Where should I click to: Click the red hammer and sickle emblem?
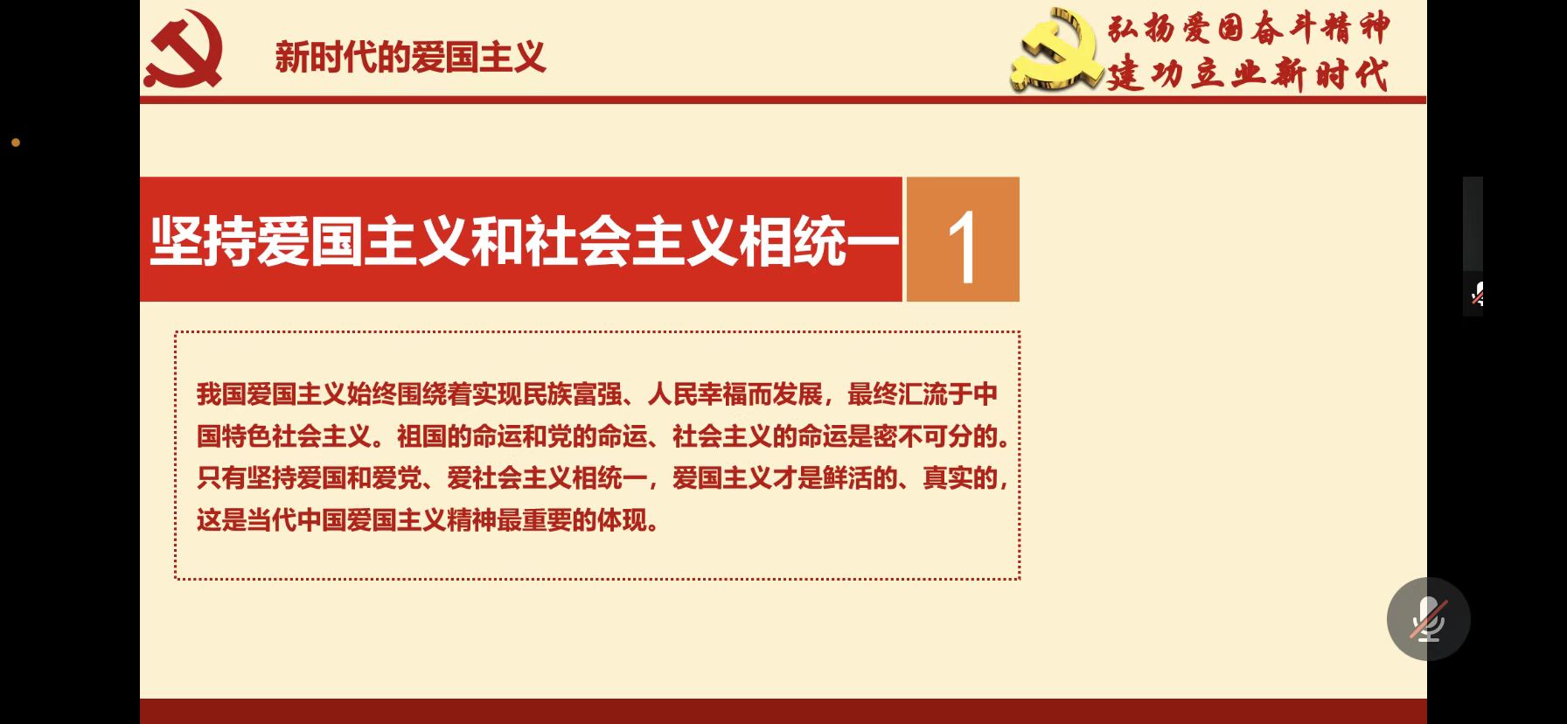tap(184, 49)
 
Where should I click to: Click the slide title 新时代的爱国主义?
tap(410, 58)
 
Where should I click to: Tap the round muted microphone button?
tap(1429, 619)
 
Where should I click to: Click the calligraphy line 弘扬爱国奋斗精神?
tap(1249, 28)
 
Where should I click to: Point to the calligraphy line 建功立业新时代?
tap(1247, 73)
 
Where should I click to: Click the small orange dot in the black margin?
tap(16, 143)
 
